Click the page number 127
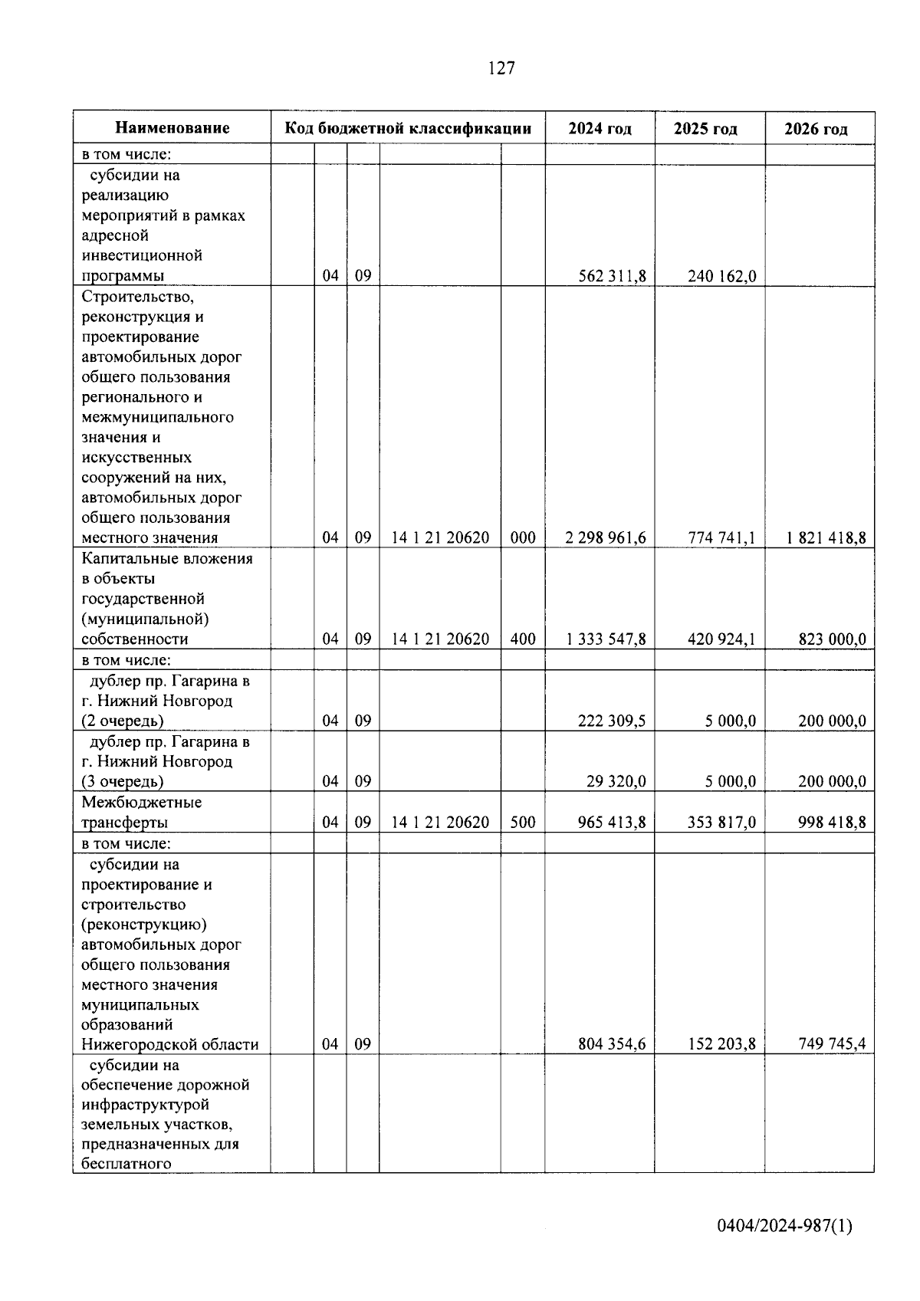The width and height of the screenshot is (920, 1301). pos(501,68)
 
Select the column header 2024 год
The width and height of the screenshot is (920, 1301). pos(600,129)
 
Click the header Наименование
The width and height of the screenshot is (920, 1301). pos(172,128)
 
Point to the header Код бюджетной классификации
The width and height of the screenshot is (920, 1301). pos(408,128)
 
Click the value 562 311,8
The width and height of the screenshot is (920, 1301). pos(612,276)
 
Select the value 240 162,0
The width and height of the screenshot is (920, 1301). pos(721,276)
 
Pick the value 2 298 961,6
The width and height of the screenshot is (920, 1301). pos(606,538)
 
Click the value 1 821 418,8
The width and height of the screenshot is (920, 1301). pos(826,538)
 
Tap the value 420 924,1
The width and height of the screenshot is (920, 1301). pos(721,639)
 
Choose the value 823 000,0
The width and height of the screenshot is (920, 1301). pos(832,639)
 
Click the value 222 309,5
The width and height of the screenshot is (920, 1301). pos(612,721)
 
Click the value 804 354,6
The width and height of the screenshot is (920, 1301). pos(612,1044)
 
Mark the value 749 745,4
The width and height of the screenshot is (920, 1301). pos(832,1044)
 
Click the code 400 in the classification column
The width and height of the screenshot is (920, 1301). pos(523,639)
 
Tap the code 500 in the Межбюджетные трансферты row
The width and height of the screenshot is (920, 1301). pos(523,823)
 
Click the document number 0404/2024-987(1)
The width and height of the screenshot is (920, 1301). pos(784,1226)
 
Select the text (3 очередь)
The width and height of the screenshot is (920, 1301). pos(123,782)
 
